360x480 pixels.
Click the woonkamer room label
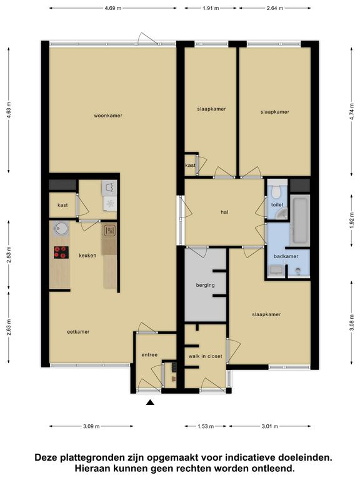point(108,116)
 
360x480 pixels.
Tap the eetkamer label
point(78,332)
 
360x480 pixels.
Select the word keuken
point(87,255)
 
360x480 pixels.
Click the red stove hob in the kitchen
point(61,252)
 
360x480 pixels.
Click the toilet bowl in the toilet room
point(277,192)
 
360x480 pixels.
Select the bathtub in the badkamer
point(300,221)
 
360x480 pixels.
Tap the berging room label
point(205,285)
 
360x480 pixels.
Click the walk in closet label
point(205,356)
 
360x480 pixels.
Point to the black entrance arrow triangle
point(150,402)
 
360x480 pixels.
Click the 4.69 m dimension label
point(113,8)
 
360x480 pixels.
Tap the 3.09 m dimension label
point(91,426)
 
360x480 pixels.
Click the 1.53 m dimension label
point(206,426)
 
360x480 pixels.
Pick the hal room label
point(224,212)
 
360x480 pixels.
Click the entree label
point(149,355)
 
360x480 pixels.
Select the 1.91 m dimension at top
point(211,8)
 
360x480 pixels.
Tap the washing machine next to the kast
point(110,203)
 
